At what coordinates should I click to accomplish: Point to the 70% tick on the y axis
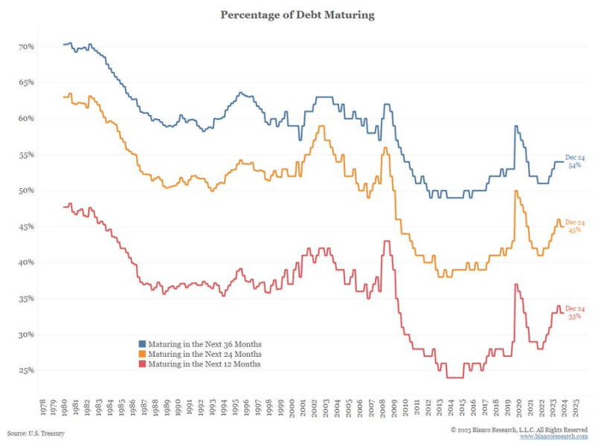(27, 47)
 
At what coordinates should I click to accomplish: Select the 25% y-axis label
(27, 370)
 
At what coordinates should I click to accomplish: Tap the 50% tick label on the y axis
(27, 190)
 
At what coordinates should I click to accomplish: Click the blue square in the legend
(142, 344)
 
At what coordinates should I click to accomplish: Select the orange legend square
(142, 354)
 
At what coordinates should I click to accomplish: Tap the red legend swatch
(142, 363)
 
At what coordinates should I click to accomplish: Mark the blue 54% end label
(575, 165)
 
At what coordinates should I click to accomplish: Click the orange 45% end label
(575, 230)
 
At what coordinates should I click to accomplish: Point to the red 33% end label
(575, 317)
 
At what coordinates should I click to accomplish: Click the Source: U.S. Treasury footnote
(36, 433)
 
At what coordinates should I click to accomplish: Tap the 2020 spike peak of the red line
(515, 284)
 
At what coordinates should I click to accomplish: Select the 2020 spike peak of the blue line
(515, 126)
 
